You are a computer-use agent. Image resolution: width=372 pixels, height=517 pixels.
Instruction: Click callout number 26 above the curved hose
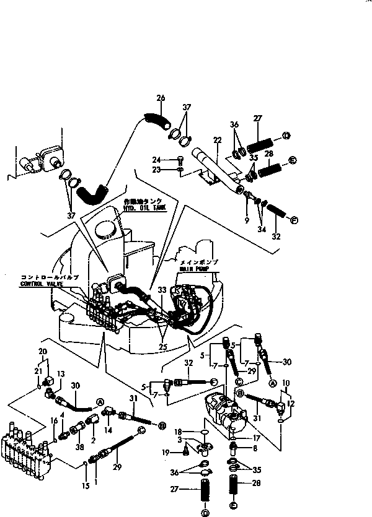[x=161, y=98]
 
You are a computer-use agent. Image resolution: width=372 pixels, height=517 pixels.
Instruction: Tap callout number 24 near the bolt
[x=156, y=159]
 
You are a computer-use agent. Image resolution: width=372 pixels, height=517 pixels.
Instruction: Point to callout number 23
[x=156, y=169]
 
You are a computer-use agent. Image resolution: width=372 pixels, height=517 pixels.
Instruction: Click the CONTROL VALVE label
[x=41, y=283]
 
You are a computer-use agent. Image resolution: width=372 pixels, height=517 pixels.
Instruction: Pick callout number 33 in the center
[x=162, y=290]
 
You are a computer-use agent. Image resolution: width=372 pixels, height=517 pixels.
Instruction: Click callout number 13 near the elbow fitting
[x=61, y=373]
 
